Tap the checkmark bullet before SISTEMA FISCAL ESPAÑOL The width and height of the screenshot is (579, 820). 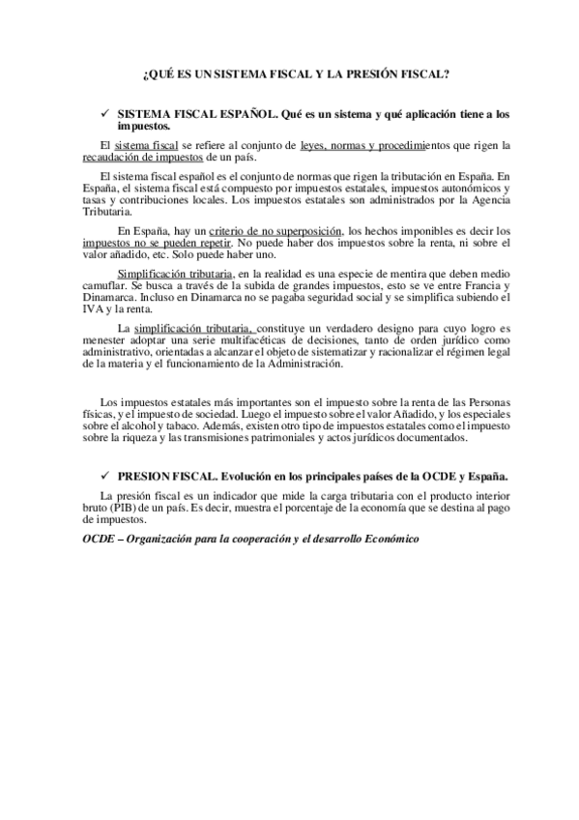103,114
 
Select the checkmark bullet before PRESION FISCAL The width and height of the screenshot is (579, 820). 103,477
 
